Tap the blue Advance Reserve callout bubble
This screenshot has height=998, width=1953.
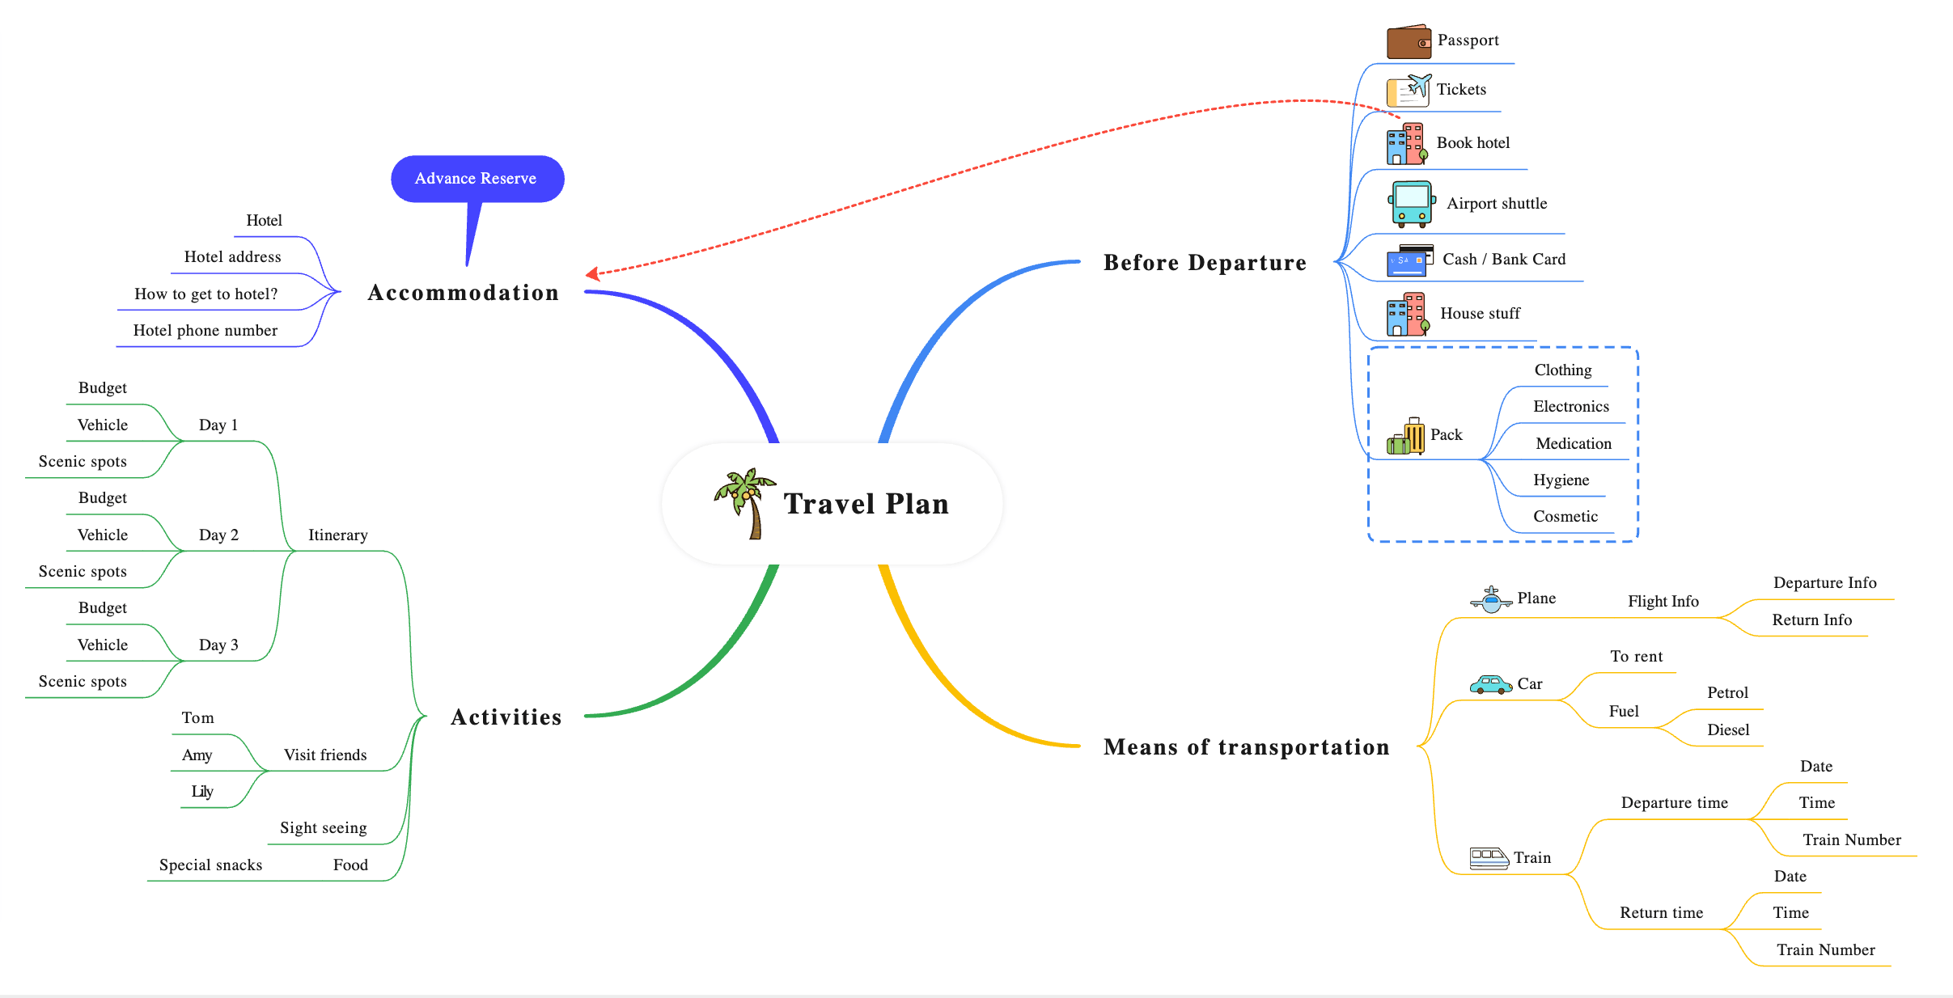click(477, 179)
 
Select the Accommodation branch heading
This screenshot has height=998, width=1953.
click(463, 293)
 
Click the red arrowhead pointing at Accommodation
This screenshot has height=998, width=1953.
click(592, 274)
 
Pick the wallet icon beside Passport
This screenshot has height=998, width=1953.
click(1408, 42)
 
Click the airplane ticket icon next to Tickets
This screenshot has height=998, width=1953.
click(1409, 91)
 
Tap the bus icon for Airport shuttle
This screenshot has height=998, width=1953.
click(1412, 203)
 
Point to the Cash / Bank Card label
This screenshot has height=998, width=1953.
click(1504, 260)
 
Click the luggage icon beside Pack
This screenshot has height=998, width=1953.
click(1405, 437)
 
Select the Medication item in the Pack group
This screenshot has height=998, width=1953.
click(1574, 443)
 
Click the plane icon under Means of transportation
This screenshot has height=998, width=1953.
click(1490, 600)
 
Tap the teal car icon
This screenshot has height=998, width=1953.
click(1490, 685)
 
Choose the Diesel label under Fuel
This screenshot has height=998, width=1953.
click(1728, 729)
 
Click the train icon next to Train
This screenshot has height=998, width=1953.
click(1489, 858)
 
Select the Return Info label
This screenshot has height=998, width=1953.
click(1811, 620)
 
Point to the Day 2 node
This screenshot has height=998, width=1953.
click(218, 535)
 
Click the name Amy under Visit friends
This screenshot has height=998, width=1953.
click(197, 755)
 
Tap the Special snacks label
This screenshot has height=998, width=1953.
click(210, 865)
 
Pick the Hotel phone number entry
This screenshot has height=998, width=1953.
click(205, 331)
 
